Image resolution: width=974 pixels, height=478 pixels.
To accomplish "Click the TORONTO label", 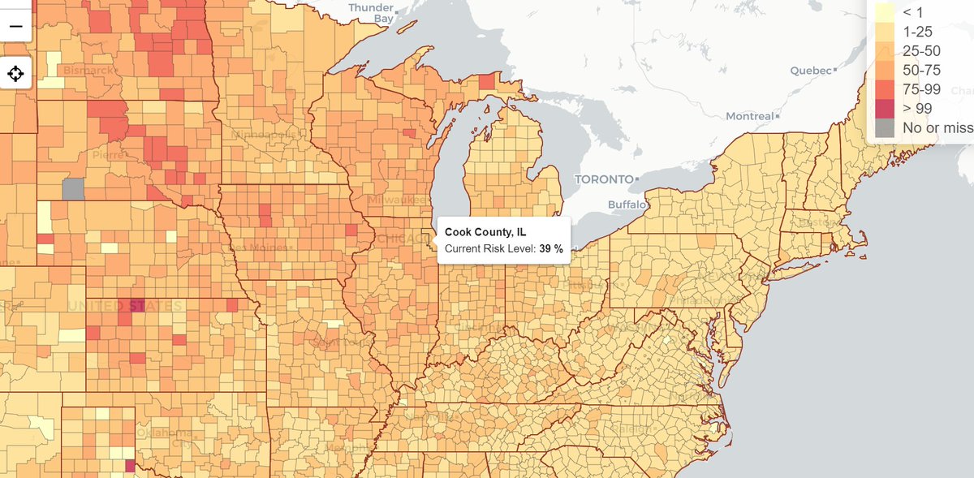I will click(x=602, y=179).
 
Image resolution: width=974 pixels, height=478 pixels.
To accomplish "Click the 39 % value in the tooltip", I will click(x=551, y=248).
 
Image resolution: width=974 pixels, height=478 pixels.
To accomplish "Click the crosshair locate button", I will click(x=15, y=74).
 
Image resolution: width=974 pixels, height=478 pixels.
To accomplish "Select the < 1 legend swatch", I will click(x=884, y=12).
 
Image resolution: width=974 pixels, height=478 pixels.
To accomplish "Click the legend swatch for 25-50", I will click(x=884, y=51).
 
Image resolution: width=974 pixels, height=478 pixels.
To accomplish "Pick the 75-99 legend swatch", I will click(x=884, y=89).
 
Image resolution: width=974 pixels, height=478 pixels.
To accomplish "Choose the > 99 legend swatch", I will click(x=884, y=109).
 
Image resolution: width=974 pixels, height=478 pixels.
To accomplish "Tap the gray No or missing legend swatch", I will click(x=884, y=128).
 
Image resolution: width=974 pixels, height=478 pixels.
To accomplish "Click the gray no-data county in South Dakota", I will click(x=73, y=189).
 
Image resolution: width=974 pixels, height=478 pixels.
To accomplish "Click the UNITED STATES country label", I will click(x=126, y=306).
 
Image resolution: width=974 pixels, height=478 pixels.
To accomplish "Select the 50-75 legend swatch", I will click(x=884, y=71).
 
